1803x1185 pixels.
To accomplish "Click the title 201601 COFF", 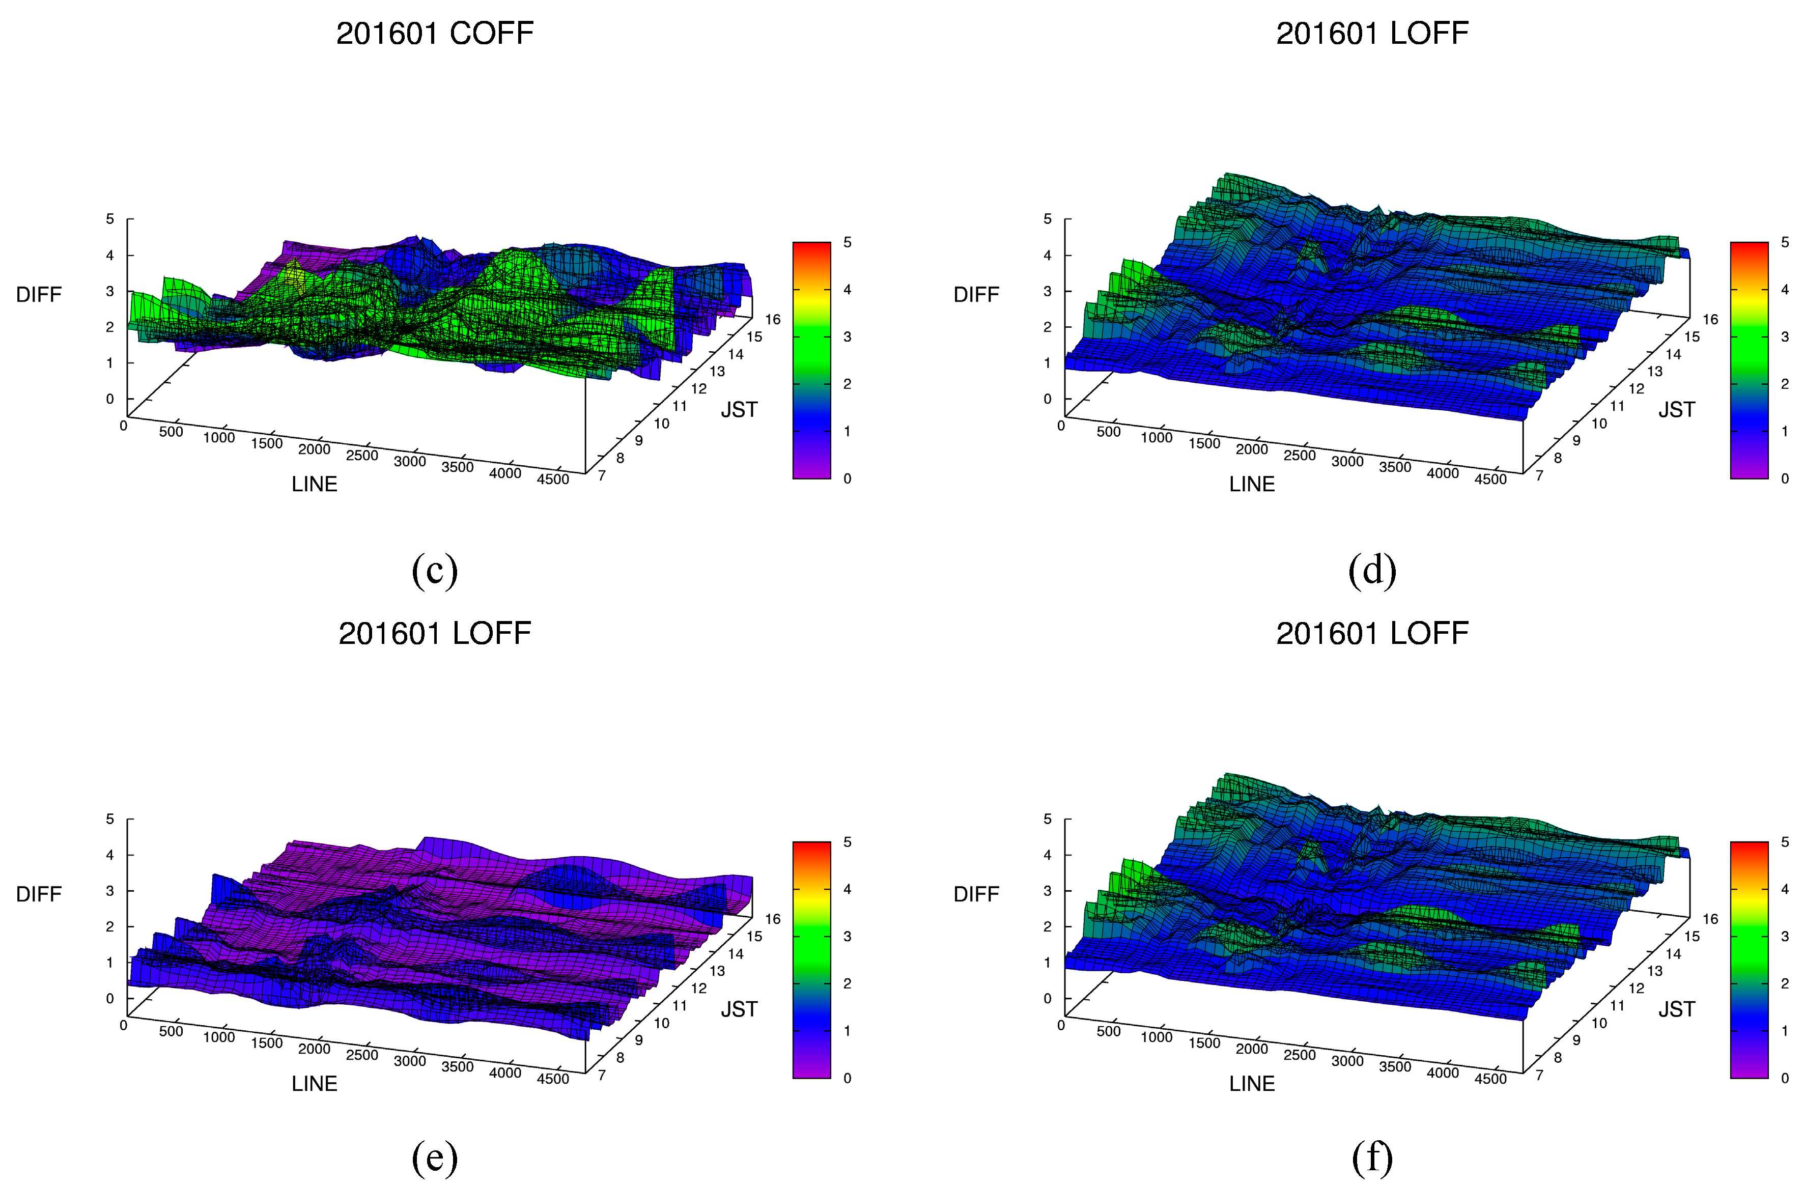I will (435, 33).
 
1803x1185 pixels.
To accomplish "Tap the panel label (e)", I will (435, 1157).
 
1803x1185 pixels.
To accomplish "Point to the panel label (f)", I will (1372, 1157).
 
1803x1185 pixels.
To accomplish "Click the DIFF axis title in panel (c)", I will (39, 294).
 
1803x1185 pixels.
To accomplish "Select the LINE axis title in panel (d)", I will (1252, 484).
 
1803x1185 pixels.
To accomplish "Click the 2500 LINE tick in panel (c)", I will (361, 456).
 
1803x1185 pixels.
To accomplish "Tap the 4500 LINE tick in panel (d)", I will (1490, 479).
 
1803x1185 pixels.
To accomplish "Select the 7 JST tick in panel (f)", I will (1539, 1075).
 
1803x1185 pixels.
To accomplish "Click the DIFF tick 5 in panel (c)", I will (110, 219).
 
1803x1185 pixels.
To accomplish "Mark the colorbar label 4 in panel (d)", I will (1785, 290).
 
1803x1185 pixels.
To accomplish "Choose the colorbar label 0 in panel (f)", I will (1785, 1078).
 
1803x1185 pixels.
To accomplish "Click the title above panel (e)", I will (435, 633).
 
